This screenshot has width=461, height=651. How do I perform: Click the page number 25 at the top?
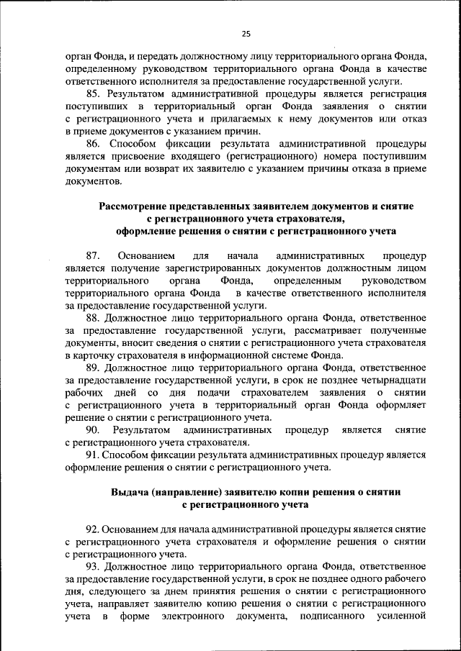click(246, 33)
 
